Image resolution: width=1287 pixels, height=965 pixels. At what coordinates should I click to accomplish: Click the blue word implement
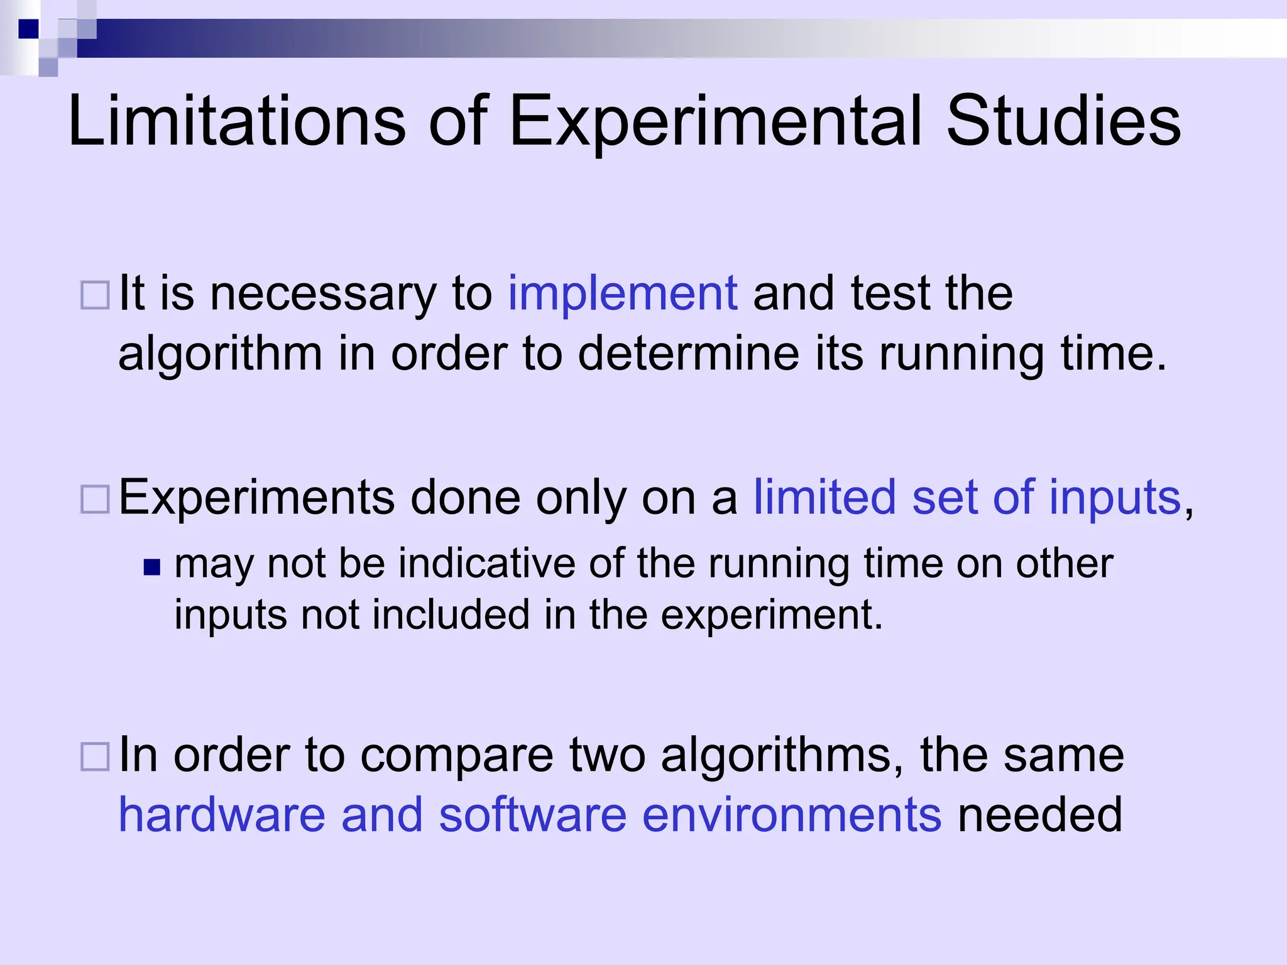pos(622,294)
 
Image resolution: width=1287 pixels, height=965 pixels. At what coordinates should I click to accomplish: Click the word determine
pos(688,354)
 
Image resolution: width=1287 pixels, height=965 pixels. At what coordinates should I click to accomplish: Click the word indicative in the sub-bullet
pos(486,564)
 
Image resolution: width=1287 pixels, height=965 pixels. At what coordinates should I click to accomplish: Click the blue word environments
pos(792,815)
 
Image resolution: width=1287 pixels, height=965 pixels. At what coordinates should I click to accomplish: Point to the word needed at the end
pos(1040,815)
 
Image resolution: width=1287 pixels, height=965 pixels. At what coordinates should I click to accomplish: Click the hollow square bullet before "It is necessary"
pos(96,295)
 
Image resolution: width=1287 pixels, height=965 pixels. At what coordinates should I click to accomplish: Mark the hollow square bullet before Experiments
pos(96,499)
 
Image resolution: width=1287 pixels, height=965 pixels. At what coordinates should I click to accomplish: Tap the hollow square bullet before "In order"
pos(96,756)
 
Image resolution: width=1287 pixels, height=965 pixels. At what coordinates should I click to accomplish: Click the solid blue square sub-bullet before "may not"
pos(152,567)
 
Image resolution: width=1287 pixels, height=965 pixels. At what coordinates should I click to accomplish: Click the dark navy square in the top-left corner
pos(28,29)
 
